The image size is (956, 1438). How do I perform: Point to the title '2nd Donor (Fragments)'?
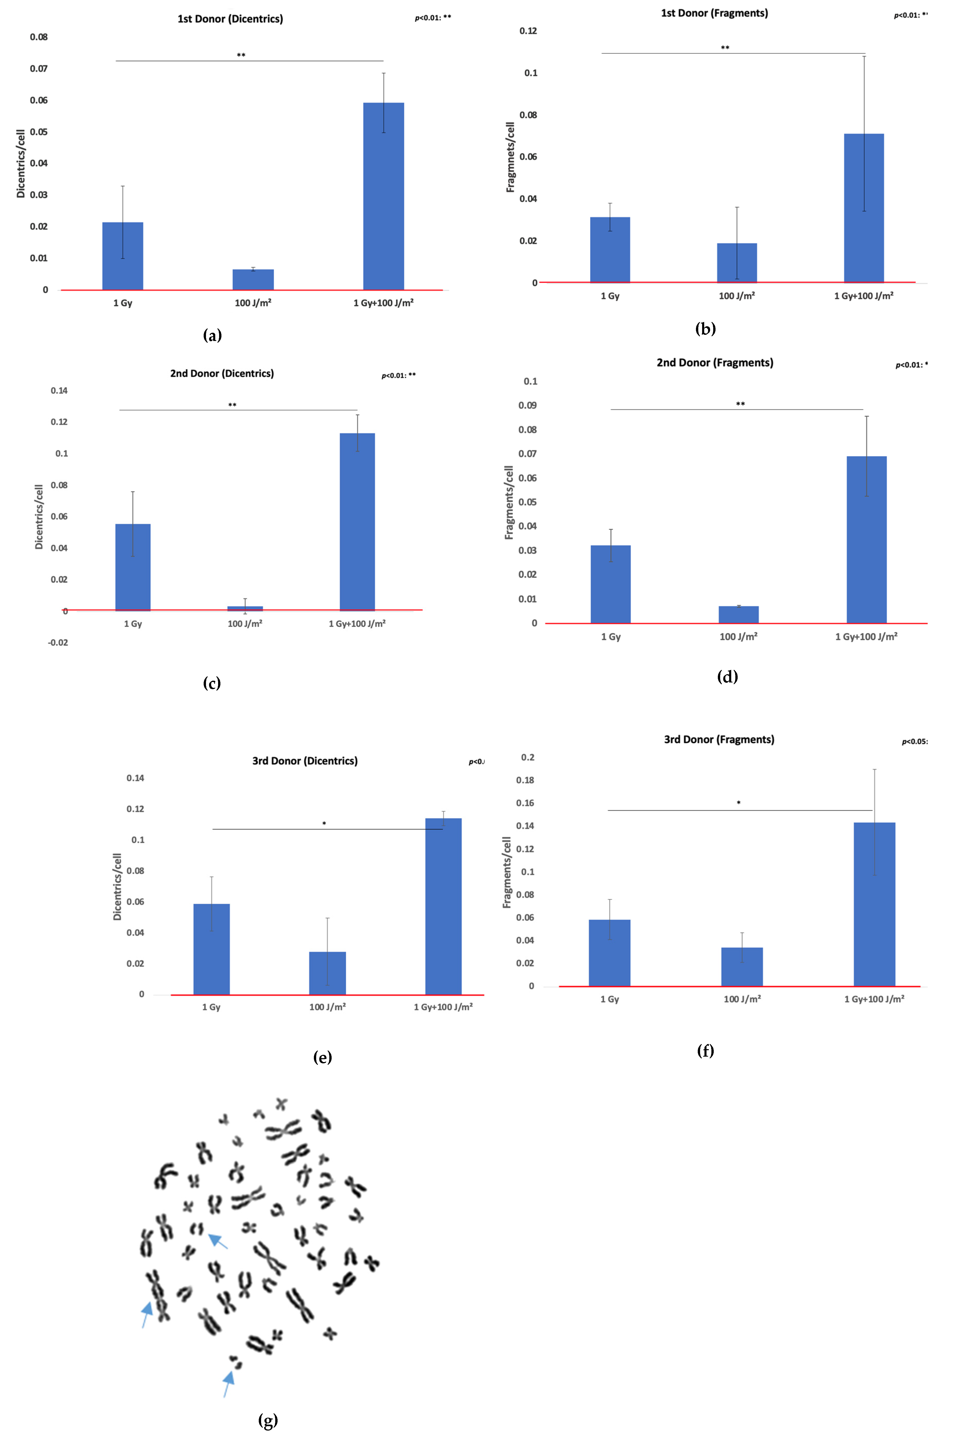(714, 363)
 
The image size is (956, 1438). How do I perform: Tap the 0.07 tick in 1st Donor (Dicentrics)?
(39, 68)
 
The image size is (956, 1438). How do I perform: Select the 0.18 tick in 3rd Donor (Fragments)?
(525, 780)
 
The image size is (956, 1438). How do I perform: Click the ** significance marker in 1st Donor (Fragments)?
(725, 48)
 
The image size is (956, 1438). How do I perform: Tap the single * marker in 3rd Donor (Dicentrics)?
(324, 824)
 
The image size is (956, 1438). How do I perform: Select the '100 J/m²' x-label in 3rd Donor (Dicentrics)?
(328, 1007)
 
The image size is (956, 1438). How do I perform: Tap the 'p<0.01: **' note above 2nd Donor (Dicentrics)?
(399, 375)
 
